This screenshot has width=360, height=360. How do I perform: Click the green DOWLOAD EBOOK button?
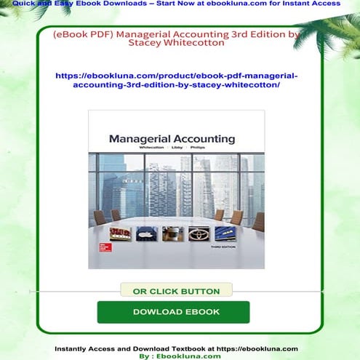coord(173,312)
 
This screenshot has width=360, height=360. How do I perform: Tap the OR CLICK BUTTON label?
coord(176,291)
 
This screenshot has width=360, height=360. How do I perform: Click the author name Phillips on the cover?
coord(204,148)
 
